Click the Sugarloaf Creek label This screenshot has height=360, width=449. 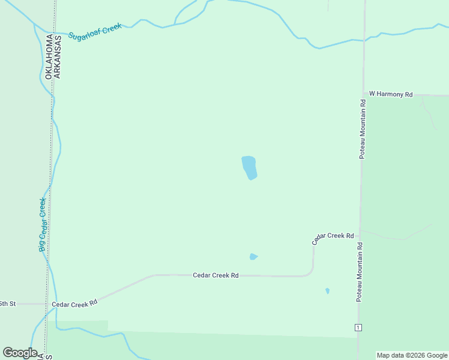point(95,32)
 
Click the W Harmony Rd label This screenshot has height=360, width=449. point(391,94)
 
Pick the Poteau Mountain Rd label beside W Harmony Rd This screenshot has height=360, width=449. point(363,129)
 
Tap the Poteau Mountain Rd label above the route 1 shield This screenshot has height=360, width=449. point(360,271)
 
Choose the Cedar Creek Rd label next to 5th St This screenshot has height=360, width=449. point(74,304)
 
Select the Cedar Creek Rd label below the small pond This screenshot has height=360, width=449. point(215,275)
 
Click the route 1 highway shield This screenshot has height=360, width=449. point(358,327)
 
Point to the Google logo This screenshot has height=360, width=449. point(20,353)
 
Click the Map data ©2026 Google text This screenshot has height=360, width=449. point(412,355)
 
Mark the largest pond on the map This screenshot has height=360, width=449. point(249,167)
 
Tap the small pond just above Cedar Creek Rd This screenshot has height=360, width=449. point(253,257)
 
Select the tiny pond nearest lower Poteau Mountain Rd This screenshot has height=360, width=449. point(327,291)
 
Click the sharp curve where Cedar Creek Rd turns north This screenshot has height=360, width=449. point(310,272)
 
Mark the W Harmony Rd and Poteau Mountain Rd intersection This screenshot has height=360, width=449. point(363,94)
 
